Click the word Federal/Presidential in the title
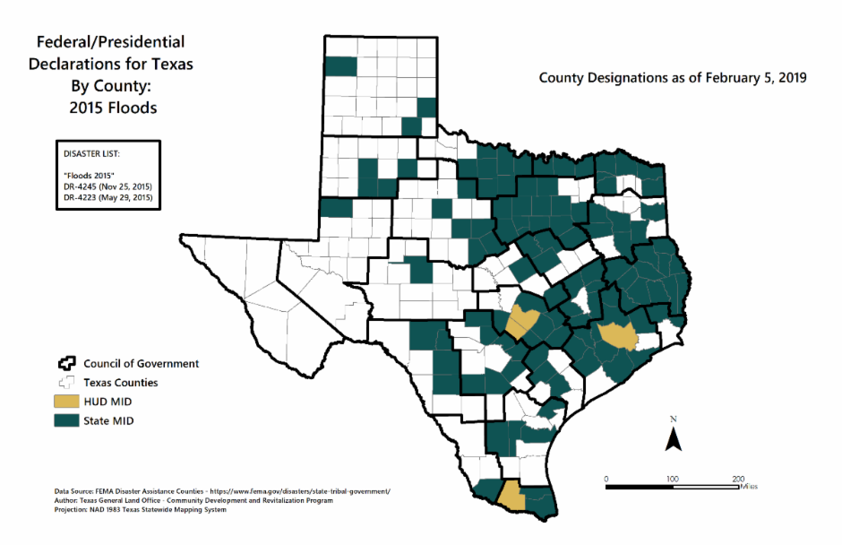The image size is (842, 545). tap(110, 42)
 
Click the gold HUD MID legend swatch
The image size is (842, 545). tap(65, 402)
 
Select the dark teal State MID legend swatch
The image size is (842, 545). tap(65, 420)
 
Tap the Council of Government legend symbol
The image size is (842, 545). tap(65, 364)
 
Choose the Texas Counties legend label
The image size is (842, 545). tap(120, 383)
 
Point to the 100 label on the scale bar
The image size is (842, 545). tap(672, 478)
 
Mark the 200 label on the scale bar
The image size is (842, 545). tap(738, 478)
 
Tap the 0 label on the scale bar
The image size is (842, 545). tap(606, 478)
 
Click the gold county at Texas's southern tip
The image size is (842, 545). tap(510, 494)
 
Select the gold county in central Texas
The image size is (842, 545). tap(522, 321)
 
